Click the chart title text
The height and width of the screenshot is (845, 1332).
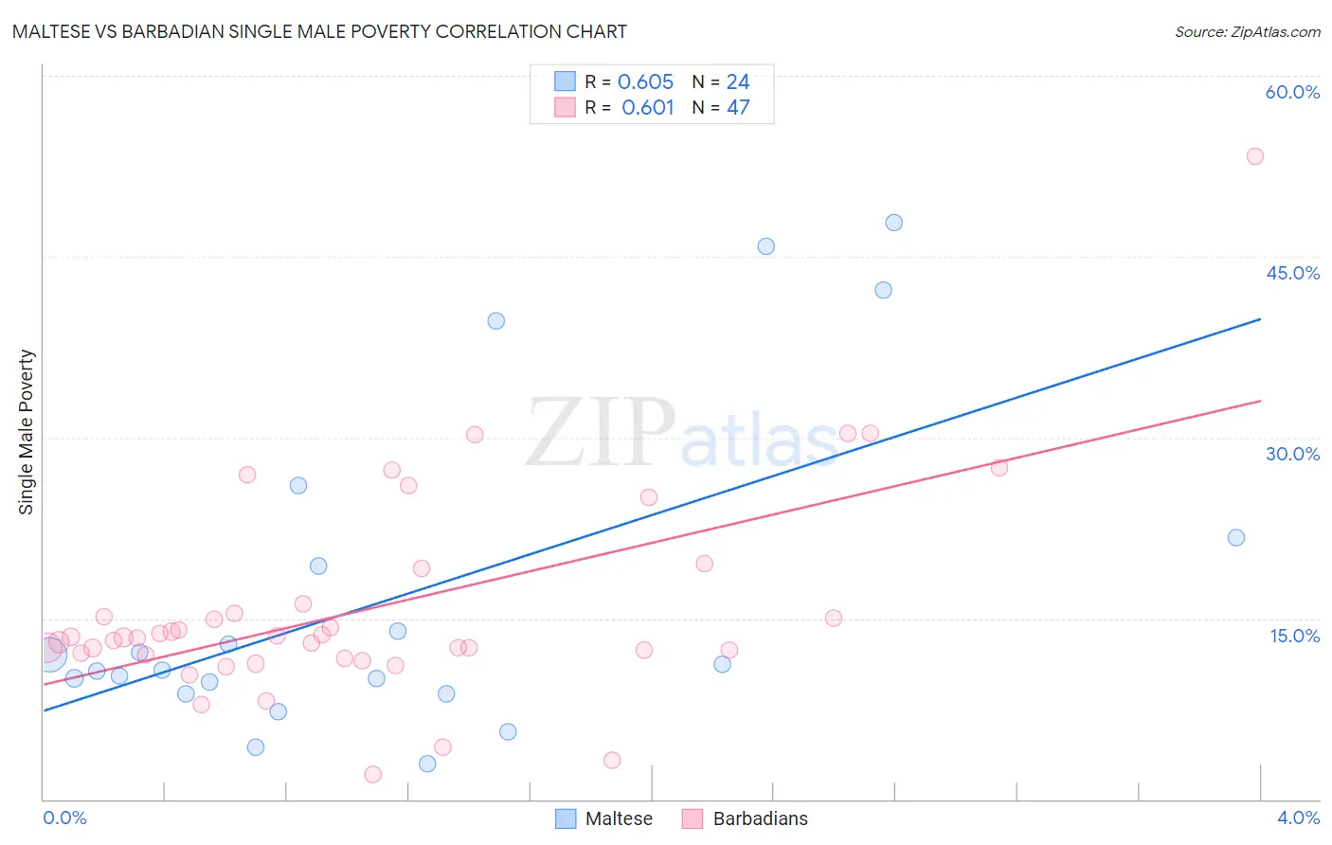pyautogui.click(x=319, y=31)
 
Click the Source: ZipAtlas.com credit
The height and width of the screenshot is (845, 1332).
pyautogui.click(x=1247, y=32)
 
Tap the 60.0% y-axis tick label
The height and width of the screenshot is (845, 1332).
pyautogui.click(x=1292, y=92)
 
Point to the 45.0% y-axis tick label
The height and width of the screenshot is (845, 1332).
pyautogui.click(x=1292, y=273)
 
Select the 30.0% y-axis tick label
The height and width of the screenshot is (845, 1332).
pyautogui.click(x=1292, y=454)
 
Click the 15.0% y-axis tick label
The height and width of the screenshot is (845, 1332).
pyautogui.click(x=1294, y=636)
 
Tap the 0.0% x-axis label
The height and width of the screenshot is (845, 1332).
pyautogui.click(x=64, y=818)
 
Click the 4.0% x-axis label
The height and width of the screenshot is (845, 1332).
pyautogui.click(x=1298, y=818)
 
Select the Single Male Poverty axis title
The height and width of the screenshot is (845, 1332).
pyautogui.click(x=27, y=432)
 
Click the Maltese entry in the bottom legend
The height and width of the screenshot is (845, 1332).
pyautogui.click(x=618, y=818)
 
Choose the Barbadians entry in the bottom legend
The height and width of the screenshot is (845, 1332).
pyautogui.click(x=760, y=818)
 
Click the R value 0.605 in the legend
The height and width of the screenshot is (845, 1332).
pyautogui.click(x=645, y=82)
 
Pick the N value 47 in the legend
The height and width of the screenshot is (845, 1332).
pyautogui.click(x=738, y=108)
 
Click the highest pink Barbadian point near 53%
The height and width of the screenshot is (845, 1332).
pyautogui.click(x=1255, y=156)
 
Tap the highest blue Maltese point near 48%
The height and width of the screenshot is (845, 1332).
pyautogui.click(x=894, y=223)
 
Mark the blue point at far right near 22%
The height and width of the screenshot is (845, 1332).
pyautogui.click(x=1236, y=537)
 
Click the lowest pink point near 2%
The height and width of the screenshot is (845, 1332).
pyautogui.click(x=373, y=774)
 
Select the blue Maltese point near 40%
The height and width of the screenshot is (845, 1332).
pyautogui.click(x=496, y=321)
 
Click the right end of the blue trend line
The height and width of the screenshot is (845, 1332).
pyautogui.click(x=1260, y=319)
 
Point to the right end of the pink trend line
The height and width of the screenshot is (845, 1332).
pyautogui.click(x=1260, y=401)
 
